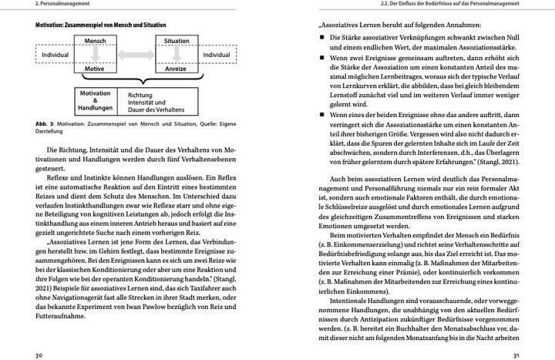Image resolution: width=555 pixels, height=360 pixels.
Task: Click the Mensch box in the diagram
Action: (95, 40)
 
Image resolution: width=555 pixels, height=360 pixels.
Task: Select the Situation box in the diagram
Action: (177, 40)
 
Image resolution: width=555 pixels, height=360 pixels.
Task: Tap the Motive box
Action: (95, 69)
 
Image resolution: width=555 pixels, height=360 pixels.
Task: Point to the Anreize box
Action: (177, 69)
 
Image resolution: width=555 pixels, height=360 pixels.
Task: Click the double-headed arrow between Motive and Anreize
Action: (136, 69)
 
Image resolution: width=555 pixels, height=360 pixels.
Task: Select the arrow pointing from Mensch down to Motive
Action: (95, 54)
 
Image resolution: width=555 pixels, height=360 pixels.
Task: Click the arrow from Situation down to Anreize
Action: (177, 54)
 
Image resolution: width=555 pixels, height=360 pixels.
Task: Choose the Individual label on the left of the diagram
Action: (55, 55)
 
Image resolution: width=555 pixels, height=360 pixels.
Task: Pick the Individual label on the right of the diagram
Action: (216, 55)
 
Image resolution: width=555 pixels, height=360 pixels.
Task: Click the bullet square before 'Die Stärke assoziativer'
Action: (322, 36)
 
